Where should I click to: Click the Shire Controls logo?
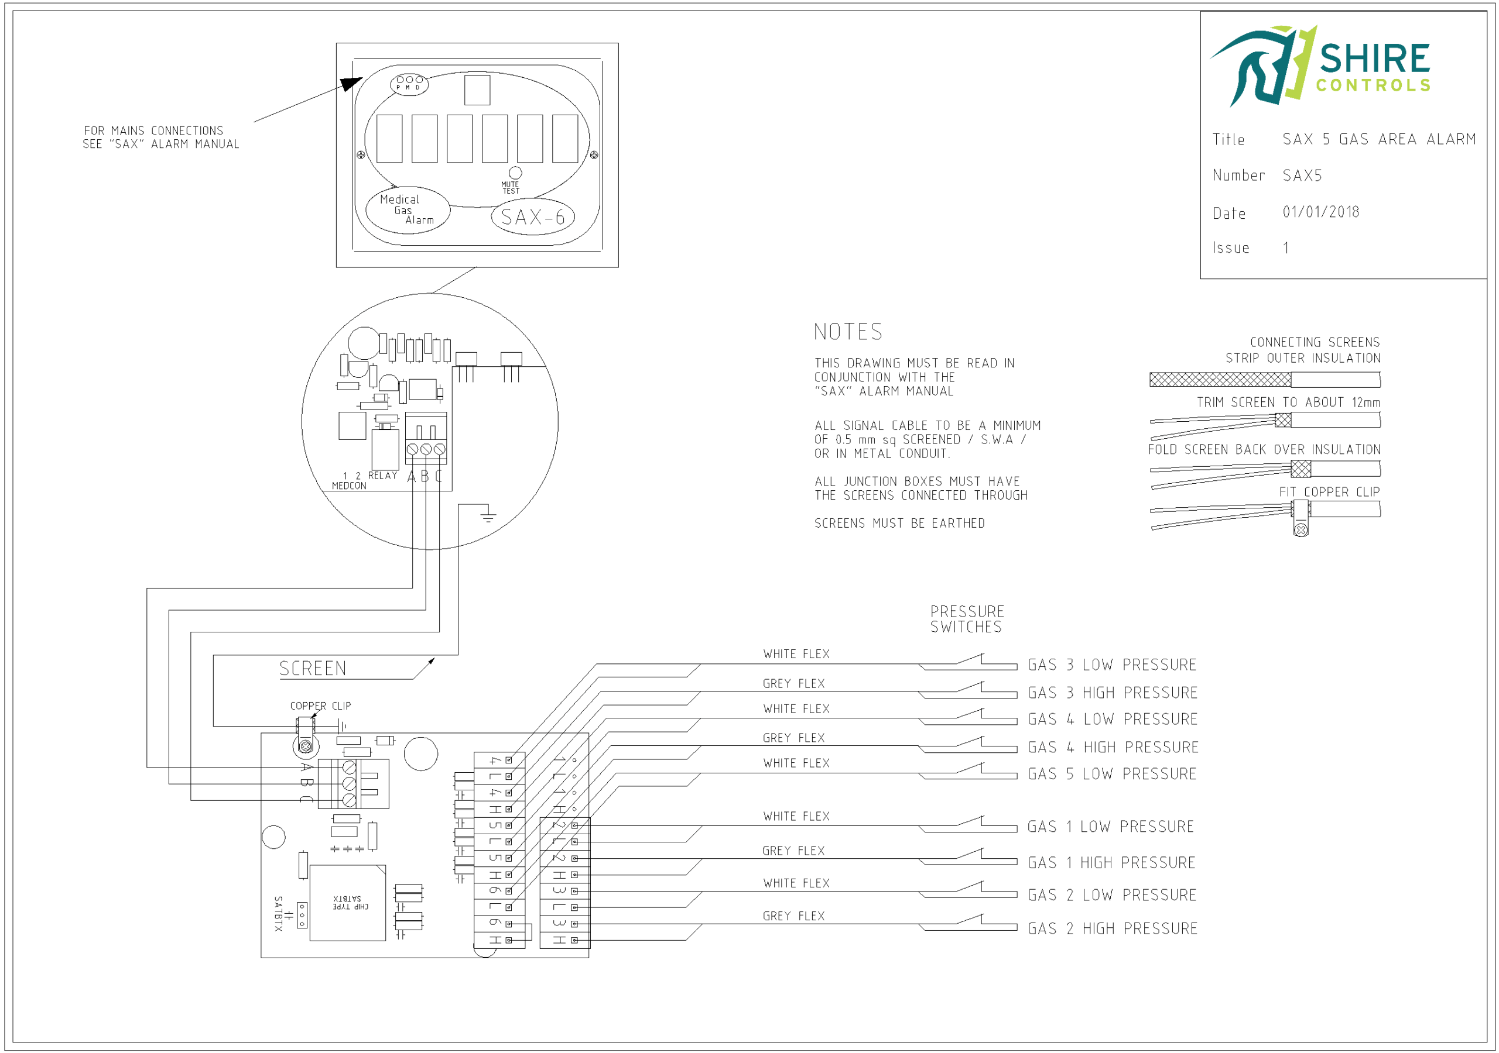pyautogui.click(x=1320, y=66)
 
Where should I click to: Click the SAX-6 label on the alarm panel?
pyautogui.click(x=533, y=217)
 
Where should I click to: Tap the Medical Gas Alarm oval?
pyautogui.click(x=408, y=210)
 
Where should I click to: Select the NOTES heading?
pyautogui.click(x=848, y=332)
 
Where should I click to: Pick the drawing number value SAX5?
pyautogui.click(x=1302, y=175)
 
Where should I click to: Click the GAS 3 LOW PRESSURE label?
pyautogui.click(x=1112, y=665)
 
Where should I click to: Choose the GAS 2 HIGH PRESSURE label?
pyautogui.click(x=1112, y=928)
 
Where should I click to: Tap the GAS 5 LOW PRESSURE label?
pyautogui.click(x=1112, y=774)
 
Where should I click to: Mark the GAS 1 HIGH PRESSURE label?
pyautogui.click(x=1111, y=862)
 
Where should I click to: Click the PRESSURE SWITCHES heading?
pyautogui.click(x=967, y=619)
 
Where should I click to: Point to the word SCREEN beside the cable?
pyautogui.click(x=313, y=669)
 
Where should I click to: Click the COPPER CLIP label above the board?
pyautogui.click(x=320, y=706)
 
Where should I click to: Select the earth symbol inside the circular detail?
pyautogui.click(x=488, y=517)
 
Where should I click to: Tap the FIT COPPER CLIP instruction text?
pyautogui.click(x=1329, y=492)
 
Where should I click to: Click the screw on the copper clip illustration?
pyautogui.click(x=1300, y=530)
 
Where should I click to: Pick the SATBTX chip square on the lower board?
pyautogui.click(x=347, y=903)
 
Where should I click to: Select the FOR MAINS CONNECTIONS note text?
pyautogui.click(x=160, y=137)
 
